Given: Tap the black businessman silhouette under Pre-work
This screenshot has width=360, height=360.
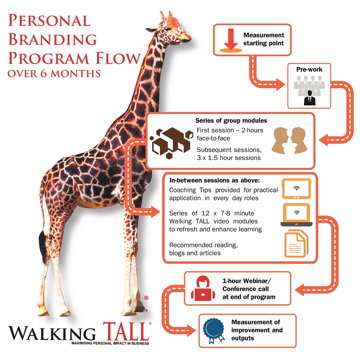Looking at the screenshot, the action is [309, 98].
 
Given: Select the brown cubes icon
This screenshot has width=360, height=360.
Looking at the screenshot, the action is [171, 143].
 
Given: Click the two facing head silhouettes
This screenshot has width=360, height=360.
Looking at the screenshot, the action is [289, 140].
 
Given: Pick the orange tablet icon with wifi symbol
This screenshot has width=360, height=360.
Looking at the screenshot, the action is [296, 189].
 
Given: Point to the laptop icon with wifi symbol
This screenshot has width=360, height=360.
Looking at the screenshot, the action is [296, 215].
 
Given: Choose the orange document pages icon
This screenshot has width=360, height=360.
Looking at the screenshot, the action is [296, 243].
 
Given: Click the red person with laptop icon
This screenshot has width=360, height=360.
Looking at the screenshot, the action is [203, 288].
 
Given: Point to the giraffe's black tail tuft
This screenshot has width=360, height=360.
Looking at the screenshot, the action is [42, 244].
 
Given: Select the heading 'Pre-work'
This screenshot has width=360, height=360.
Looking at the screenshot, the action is [309, 69].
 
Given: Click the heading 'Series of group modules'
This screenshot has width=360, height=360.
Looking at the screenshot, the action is [231, 120].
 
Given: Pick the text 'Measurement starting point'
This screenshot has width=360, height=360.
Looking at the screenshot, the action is [264, 39].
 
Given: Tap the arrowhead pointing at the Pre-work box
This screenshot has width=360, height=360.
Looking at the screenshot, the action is [280, 84].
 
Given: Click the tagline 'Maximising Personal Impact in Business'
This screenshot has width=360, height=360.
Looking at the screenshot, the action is [110, 343].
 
